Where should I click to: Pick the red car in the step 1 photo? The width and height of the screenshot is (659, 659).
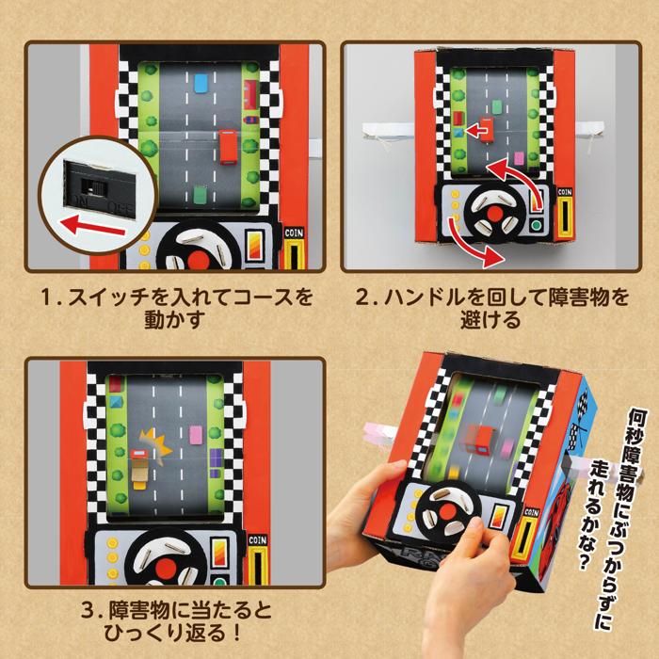pos(228,148)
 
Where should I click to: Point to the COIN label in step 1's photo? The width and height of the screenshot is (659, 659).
pos(294,228)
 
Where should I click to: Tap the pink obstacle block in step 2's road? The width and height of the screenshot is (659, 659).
pos(519,156)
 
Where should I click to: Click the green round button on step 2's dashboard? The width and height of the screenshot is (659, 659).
pos(536,226)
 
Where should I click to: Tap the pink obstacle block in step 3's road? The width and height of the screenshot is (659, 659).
pos(197,435)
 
